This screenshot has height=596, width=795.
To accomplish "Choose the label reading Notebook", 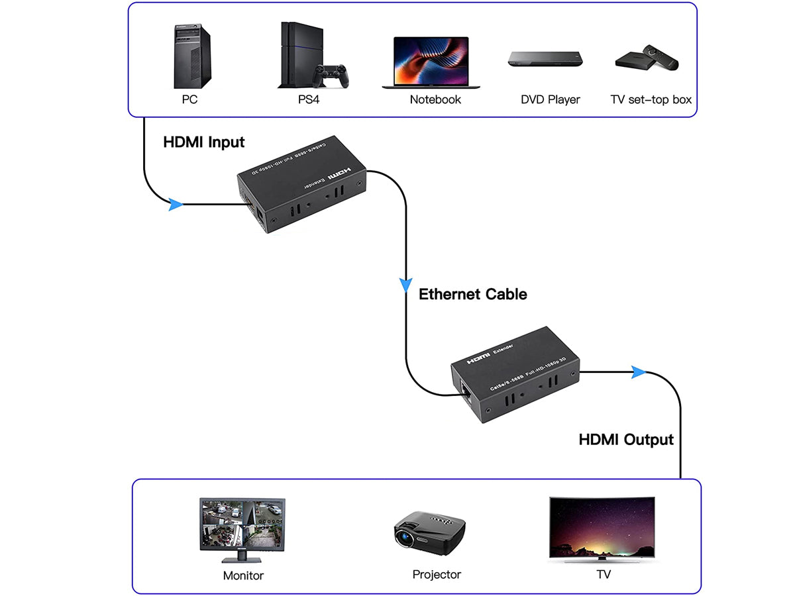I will coord(435,100).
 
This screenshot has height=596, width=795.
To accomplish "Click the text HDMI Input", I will coord(204,142).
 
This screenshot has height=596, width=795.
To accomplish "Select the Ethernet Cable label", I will coord(473,294).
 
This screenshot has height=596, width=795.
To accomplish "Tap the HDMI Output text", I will coord(626,440).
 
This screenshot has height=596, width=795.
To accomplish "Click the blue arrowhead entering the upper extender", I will coord(176,205).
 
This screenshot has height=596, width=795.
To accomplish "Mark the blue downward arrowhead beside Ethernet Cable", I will coord(405,286).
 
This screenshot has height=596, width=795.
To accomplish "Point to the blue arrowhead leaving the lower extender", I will coord(638,372).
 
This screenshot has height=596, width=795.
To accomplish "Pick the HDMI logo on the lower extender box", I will coord(479,358).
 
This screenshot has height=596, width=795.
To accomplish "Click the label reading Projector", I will coord(436,575).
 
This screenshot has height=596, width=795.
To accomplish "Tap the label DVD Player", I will coord(550,100).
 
